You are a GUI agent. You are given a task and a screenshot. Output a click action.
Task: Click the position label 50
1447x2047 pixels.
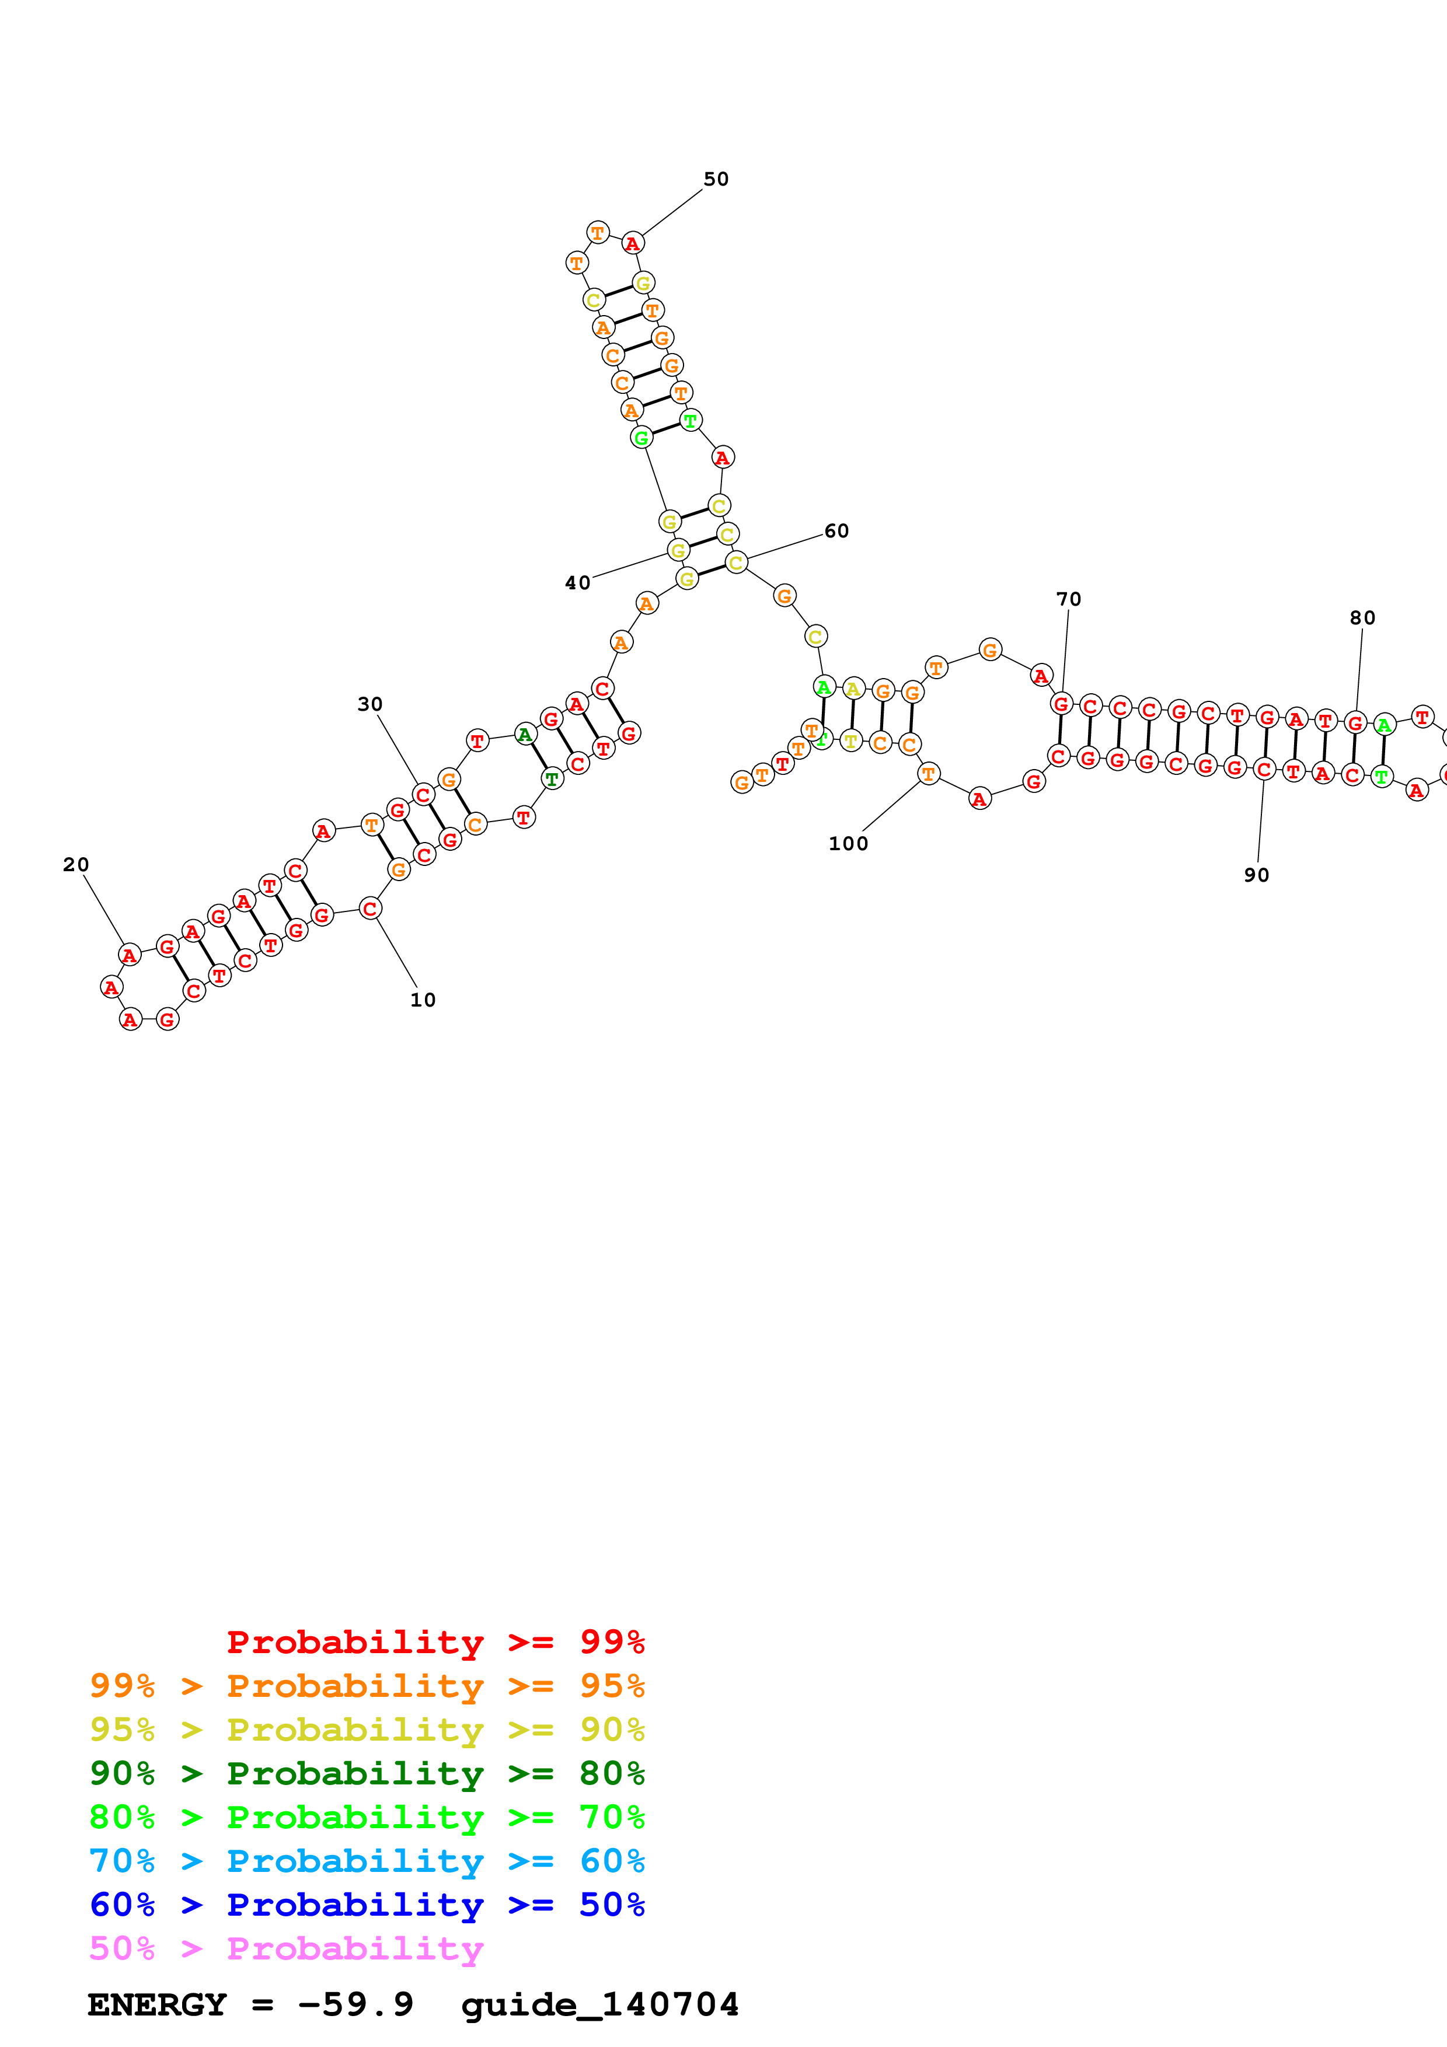(716, 179)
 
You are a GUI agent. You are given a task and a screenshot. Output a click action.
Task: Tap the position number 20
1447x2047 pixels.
(76, 864)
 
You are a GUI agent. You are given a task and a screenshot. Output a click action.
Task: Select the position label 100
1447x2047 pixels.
(848, 843)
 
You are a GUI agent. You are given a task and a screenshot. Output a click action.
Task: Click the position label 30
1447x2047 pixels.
(370, 704)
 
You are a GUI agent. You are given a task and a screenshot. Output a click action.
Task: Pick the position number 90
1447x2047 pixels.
(1256, 875)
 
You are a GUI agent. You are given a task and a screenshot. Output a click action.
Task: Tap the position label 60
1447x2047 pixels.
(836, 532)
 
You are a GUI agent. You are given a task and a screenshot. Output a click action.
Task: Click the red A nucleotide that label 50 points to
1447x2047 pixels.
(632, 243)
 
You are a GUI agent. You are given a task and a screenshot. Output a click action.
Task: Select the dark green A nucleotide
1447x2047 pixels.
(525, 735)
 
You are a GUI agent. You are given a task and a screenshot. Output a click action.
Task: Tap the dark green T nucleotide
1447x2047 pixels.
(553, 778)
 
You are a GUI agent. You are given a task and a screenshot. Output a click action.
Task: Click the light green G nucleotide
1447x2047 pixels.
(641, 438)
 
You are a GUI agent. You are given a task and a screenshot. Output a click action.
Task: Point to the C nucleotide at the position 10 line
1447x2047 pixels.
(370, 909)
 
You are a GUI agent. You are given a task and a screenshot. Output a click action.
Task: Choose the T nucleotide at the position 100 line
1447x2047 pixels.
(928, 774)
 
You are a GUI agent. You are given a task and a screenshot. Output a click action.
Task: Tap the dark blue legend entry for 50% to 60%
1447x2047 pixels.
(367, 1905)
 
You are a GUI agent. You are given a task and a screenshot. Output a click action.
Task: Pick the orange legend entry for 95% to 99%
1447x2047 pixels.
(367, 1685)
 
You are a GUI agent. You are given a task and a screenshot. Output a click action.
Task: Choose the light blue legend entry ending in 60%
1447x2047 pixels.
(367, 1861)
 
